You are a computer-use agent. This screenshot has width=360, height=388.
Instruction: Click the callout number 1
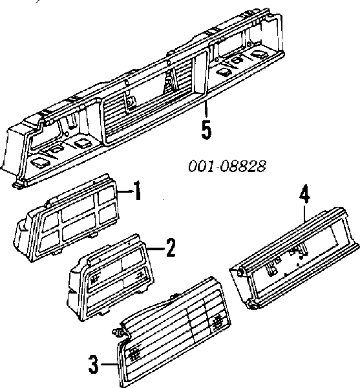137,190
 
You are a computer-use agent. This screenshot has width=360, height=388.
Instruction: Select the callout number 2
171,248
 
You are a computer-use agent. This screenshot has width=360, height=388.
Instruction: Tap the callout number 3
94,364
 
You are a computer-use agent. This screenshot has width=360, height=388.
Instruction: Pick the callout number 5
206,129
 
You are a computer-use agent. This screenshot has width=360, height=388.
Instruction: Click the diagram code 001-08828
228,166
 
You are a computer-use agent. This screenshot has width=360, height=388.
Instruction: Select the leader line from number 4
304,212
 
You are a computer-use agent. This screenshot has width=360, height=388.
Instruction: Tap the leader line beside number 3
109,364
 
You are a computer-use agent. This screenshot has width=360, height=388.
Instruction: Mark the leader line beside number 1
125,191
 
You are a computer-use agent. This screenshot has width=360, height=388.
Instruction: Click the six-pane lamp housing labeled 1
67,218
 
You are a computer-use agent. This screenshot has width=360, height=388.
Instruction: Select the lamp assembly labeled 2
111,277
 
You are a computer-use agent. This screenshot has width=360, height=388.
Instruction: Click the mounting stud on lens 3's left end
117,332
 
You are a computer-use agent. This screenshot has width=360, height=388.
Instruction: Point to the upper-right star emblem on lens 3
218,321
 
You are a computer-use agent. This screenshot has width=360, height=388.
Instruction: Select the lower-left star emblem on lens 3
134,354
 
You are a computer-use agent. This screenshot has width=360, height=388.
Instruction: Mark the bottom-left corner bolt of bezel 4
252,305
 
